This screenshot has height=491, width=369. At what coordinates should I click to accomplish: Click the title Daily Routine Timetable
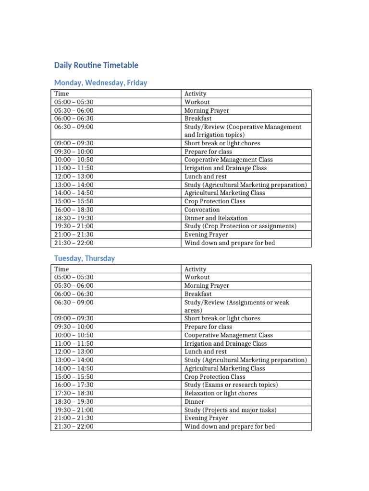96,65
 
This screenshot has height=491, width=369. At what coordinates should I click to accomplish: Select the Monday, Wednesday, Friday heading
100,83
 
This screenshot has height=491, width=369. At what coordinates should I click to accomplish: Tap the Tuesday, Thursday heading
85,258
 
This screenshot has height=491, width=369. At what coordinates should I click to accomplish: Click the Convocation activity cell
202,210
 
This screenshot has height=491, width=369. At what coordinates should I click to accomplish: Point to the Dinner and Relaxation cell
216,218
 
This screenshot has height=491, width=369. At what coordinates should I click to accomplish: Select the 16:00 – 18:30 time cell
74,210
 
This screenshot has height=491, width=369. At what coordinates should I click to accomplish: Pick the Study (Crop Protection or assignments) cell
240,226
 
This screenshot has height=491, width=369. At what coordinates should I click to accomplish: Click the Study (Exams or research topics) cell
231,385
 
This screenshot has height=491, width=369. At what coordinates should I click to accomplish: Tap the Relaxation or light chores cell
221,393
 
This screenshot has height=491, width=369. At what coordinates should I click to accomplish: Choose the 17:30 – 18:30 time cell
74,393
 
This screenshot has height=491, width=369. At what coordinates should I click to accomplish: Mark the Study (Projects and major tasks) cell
230,410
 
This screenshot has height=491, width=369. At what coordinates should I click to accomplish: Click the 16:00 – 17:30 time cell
74,385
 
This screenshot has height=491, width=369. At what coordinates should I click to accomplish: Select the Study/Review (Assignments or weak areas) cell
236,306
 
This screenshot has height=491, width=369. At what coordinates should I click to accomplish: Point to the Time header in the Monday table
61,94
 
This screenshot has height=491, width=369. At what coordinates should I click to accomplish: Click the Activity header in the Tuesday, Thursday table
195,269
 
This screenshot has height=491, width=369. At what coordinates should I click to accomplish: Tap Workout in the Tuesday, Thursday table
197,277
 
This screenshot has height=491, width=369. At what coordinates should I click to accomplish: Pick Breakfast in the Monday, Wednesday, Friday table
198,118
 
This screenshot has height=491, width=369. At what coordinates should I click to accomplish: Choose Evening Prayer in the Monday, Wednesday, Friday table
206,234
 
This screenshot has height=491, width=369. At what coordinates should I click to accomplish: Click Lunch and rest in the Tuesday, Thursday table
206,351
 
